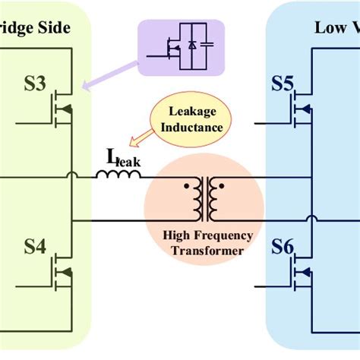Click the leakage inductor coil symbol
(118, 175)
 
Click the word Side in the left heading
(55, 27)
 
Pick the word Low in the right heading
(329, 27)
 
